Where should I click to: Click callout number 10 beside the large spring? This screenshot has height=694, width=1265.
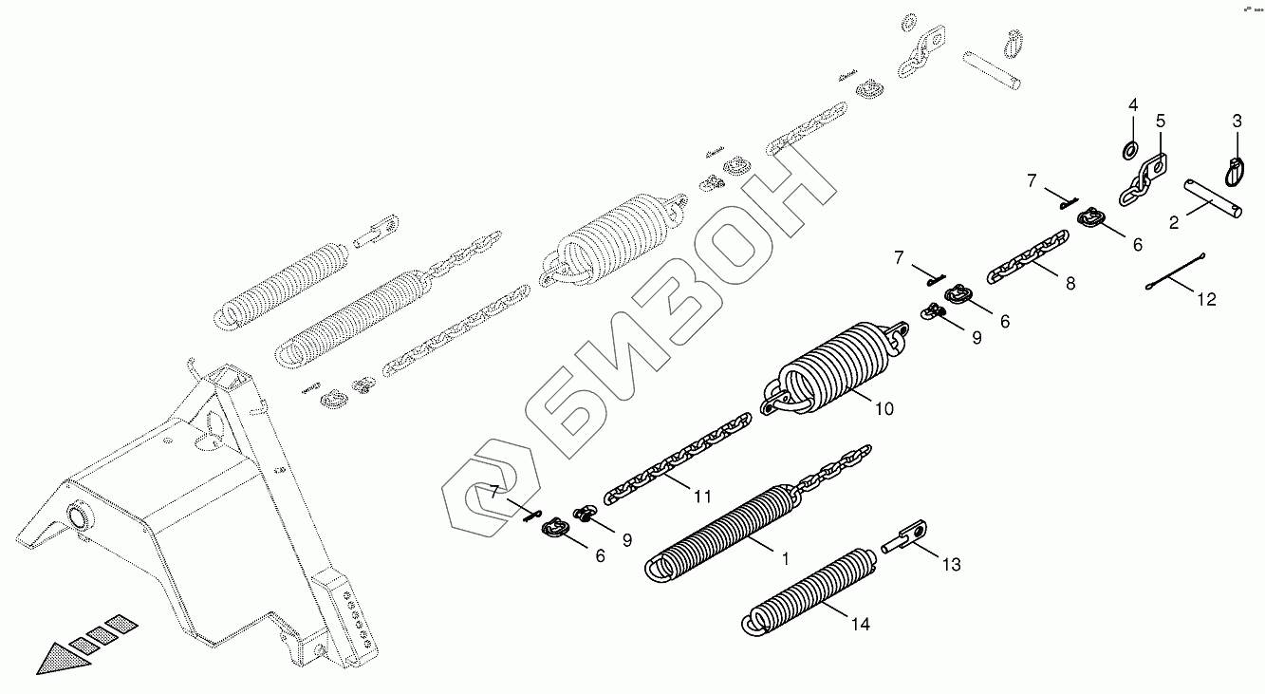(884, 409)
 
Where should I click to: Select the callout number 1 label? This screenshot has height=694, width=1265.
(785, 559)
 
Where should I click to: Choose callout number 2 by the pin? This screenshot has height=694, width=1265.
(1174, 223)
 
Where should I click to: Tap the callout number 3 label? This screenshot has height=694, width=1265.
(1237, 121)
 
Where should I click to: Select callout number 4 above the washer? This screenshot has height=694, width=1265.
(1132, 104)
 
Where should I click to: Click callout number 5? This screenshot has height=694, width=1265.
(1160, 121)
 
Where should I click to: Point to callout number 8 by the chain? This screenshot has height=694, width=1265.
(1070, 283)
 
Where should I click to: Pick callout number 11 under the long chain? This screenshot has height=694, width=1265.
(702, 497)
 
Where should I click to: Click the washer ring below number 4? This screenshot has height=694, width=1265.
(1130, 149)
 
